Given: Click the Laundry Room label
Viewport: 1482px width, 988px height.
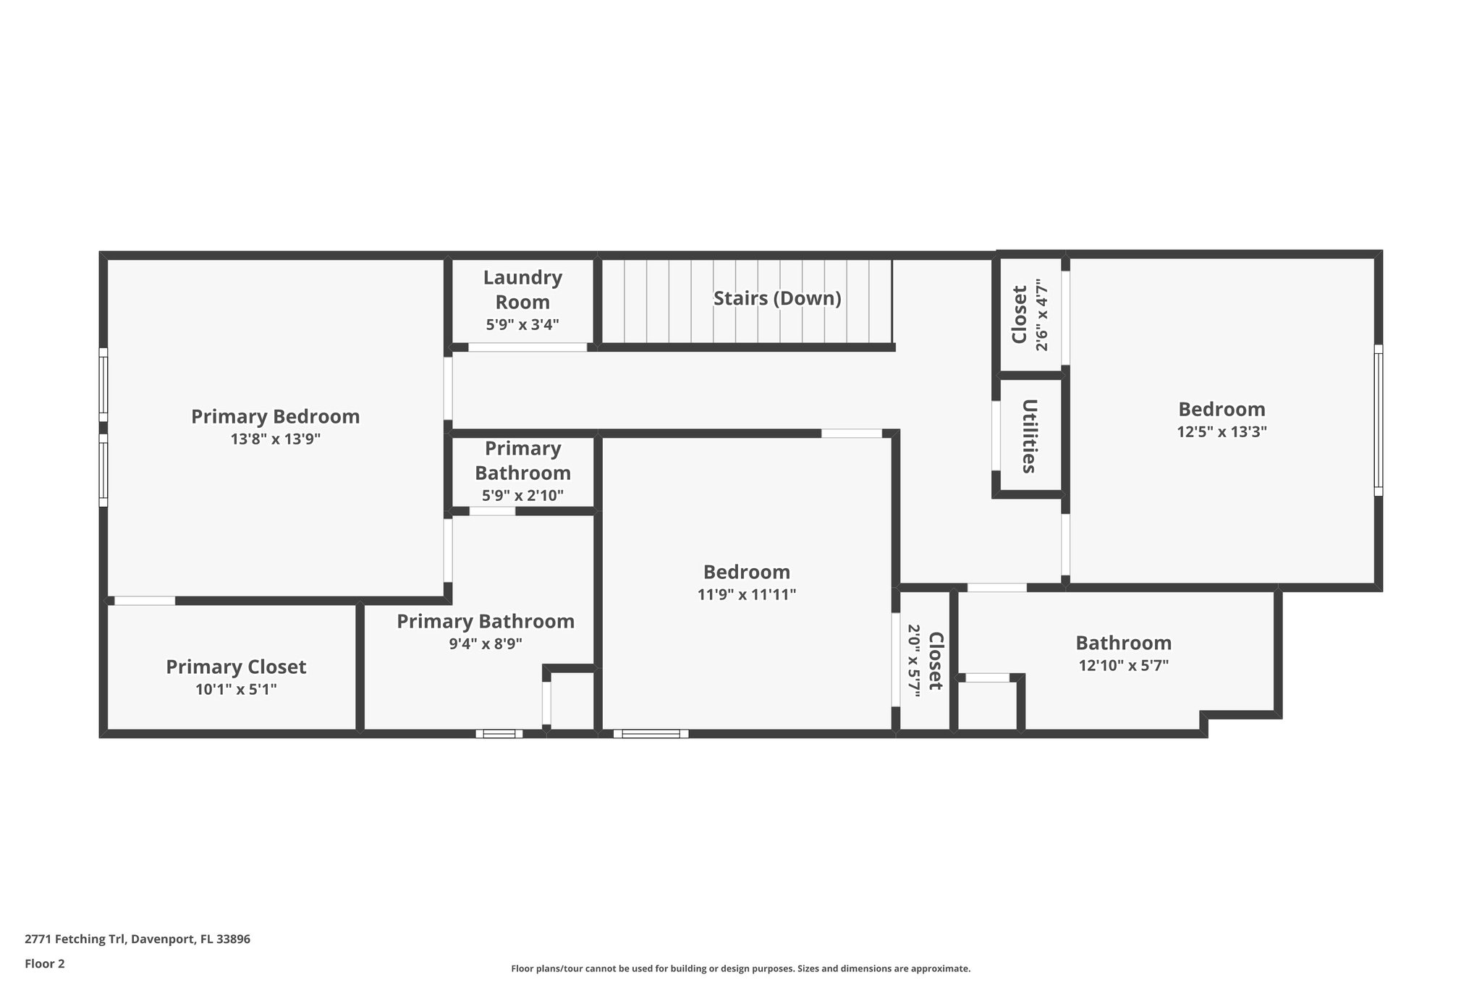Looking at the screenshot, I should (x=522, y=290).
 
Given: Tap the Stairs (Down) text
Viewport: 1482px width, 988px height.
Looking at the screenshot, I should (x=777, y=298).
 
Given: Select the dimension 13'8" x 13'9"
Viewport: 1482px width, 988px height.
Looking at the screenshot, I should (x=276, y=439).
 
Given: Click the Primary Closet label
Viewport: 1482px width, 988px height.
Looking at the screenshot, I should (x=236, y=667).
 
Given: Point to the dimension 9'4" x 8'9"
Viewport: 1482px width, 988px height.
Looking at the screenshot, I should (x=486, y=643).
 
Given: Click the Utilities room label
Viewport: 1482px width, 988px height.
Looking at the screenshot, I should (x=1029, y=436).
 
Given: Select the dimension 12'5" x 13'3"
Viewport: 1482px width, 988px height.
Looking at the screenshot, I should (x=1221, y=431).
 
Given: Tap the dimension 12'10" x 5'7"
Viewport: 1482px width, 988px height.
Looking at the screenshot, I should (x=1123, y=665).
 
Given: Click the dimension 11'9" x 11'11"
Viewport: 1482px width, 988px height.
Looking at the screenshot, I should (x=747, y=594).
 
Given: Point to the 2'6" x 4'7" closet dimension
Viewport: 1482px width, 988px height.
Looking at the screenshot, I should (x=1041, y=315).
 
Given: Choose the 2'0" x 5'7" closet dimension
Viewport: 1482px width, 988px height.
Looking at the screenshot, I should (x=913, y=660).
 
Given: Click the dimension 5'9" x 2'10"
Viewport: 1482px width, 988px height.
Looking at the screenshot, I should (x=522, y=496).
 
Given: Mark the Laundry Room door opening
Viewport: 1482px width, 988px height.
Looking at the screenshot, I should (x=528, y=347).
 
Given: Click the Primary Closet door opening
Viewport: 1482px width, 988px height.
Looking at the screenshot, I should (x=145, y=601).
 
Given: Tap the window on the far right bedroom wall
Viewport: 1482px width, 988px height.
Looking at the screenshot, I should (x=1379, y=420).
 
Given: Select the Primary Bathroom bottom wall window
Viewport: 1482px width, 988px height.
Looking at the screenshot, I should (x=499, y=733).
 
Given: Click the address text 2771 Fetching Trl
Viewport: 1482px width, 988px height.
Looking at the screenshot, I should (x=137, y=940).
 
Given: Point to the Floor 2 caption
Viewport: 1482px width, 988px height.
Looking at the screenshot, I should (x=45, y=963).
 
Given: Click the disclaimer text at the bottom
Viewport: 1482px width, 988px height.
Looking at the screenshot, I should (x=740, y=968).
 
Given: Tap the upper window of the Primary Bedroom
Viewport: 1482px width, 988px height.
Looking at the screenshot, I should (x=103, y=384).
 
